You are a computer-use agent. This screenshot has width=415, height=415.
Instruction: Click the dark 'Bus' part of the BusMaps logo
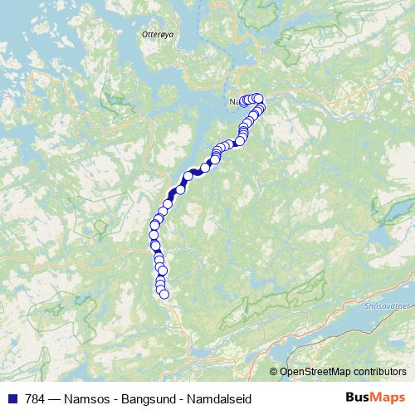(359, 398)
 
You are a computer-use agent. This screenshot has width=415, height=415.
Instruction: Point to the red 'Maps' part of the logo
(390, 398)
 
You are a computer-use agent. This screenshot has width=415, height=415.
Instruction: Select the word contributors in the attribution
(383, 371)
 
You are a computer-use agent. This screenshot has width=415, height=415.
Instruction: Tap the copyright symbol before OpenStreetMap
(273, 371)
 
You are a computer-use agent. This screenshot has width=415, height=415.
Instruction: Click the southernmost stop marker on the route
(164, 293)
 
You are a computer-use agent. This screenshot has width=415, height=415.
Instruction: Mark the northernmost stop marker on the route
(258, 97)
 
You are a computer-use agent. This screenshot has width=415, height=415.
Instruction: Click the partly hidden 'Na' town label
(234, 102)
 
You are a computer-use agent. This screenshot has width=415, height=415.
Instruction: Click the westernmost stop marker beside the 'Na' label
(243, 101)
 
